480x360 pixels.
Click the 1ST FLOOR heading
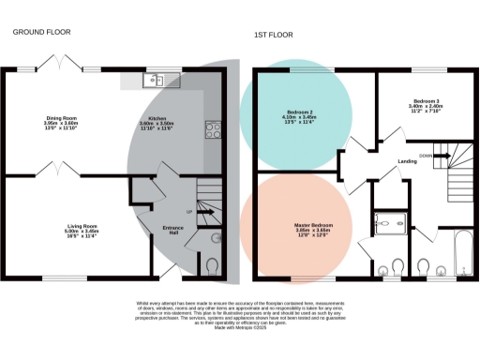click(x=273, y=36)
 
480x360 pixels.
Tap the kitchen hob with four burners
click(x=212, y=129)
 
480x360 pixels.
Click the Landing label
click(x=407, y=161)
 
